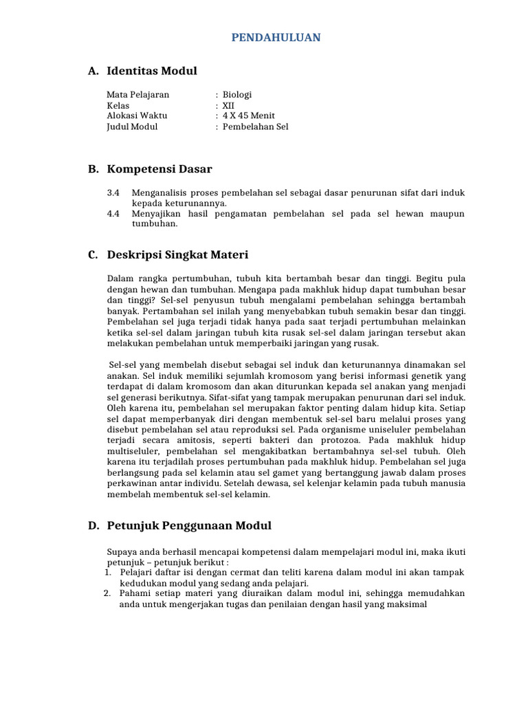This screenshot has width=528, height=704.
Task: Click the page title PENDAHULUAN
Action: coord(275,38)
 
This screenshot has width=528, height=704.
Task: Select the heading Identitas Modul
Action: coord(152,71)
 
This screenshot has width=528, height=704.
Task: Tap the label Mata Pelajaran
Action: coord(137,95)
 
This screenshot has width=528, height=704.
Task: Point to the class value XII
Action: coord(228,106)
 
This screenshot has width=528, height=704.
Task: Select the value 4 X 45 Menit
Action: coord(248,116)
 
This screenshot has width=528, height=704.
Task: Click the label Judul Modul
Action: coord(132,126)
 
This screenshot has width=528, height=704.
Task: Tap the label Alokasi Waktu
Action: coord(137,116)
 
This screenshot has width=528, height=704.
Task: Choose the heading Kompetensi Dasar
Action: coord(159,169)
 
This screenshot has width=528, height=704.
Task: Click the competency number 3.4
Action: coord(113,193)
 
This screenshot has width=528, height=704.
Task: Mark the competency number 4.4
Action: coord(113,214)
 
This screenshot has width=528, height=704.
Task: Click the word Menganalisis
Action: coord(160,193)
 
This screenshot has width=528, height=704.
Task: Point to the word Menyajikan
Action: coord(157,214)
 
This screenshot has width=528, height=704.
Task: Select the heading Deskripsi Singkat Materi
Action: coord(177,255)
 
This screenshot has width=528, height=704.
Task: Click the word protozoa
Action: coord(300,440)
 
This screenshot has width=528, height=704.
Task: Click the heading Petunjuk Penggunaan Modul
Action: coord(189,526)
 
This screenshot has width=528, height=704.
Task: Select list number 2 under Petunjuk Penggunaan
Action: coord(107,593)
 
